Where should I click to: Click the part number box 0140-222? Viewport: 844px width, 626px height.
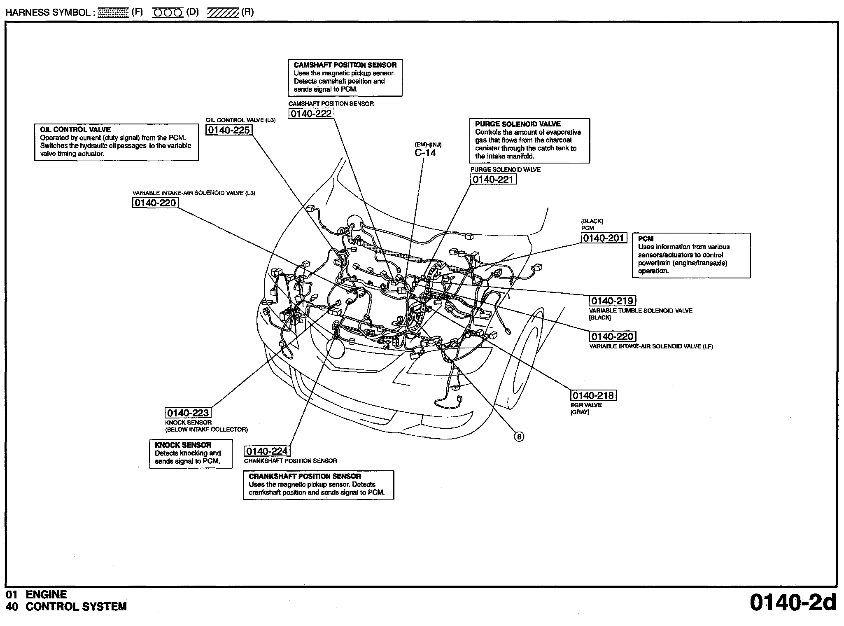311,114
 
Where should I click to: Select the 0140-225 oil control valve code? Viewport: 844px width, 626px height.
229,130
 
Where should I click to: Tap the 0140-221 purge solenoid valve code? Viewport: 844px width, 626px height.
493,180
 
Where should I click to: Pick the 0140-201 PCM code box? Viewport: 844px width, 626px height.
604,238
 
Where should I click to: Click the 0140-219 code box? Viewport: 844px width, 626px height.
612,301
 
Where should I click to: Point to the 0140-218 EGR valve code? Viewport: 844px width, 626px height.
593,395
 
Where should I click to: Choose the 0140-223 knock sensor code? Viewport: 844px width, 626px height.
188,413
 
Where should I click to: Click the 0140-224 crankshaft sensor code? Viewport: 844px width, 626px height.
267,451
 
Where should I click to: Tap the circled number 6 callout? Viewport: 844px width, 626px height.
519,437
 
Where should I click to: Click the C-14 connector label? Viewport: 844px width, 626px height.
425,153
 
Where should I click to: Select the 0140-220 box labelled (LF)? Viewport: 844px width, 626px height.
612,336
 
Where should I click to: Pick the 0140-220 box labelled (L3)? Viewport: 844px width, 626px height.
155,203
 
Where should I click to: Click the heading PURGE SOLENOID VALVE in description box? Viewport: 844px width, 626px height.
518,124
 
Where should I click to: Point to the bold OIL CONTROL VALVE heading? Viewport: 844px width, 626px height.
75,129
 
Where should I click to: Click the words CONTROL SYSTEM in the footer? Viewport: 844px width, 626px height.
76,607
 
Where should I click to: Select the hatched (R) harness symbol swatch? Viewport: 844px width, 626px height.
223,13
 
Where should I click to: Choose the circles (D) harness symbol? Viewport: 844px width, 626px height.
168,13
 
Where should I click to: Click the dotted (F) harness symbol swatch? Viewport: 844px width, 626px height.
114,13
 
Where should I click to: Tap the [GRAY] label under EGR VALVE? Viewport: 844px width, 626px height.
580,412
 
